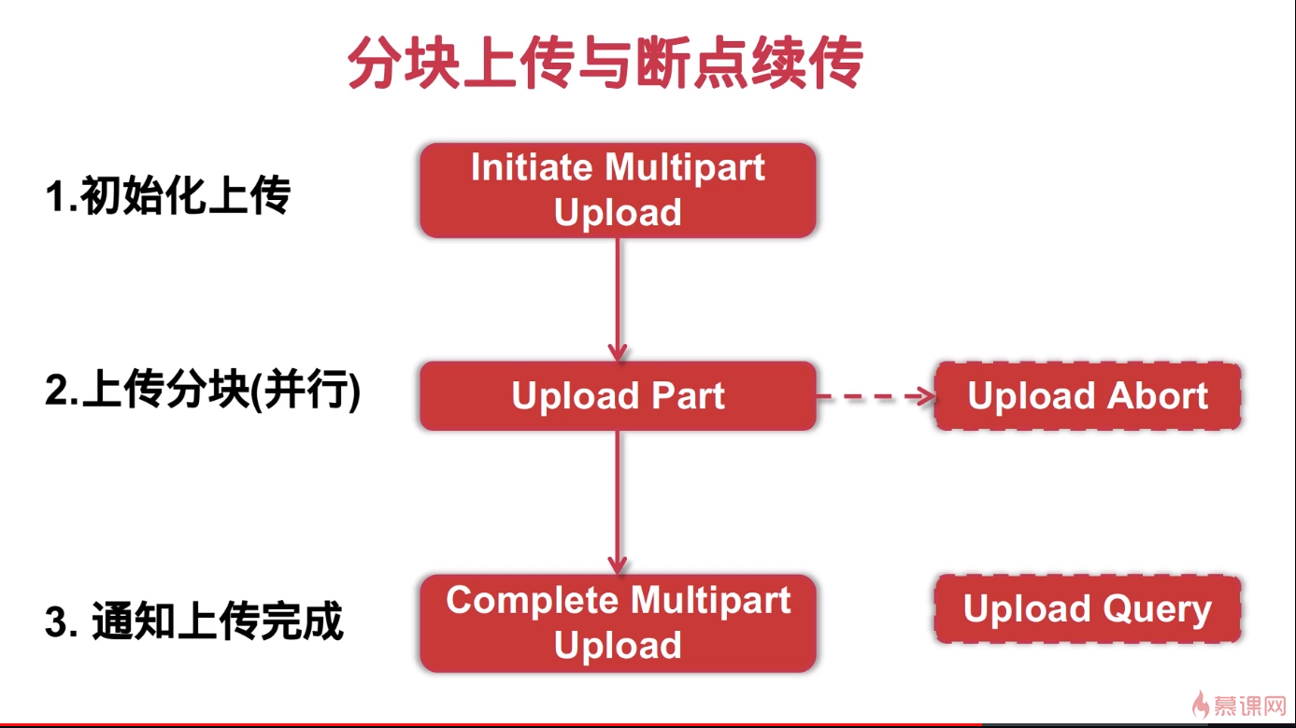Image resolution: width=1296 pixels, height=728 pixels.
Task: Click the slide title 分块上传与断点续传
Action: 605,64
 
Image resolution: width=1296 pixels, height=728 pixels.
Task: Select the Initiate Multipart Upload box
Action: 618,190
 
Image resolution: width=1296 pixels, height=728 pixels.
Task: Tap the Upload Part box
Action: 618,396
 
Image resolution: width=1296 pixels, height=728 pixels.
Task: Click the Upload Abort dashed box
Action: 1088,396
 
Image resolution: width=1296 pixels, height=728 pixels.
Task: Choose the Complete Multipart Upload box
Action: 618,623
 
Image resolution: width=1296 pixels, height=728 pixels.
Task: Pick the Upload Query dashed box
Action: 1088,609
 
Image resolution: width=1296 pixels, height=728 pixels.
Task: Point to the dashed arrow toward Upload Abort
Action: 876,396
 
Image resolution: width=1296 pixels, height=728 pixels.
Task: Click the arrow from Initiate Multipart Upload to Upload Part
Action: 617,299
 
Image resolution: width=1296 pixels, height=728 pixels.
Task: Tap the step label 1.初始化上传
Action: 168,196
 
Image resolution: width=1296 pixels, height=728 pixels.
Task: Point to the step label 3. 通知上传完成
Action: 194,621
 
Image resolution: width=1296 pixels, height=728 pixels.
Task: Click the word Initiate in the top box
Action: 533,168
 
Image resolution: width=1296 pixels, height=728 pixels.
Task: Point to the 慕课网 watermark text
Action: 1250,705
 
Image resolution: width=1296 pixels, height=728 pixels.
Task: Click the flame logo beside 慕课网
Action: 1200,704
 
